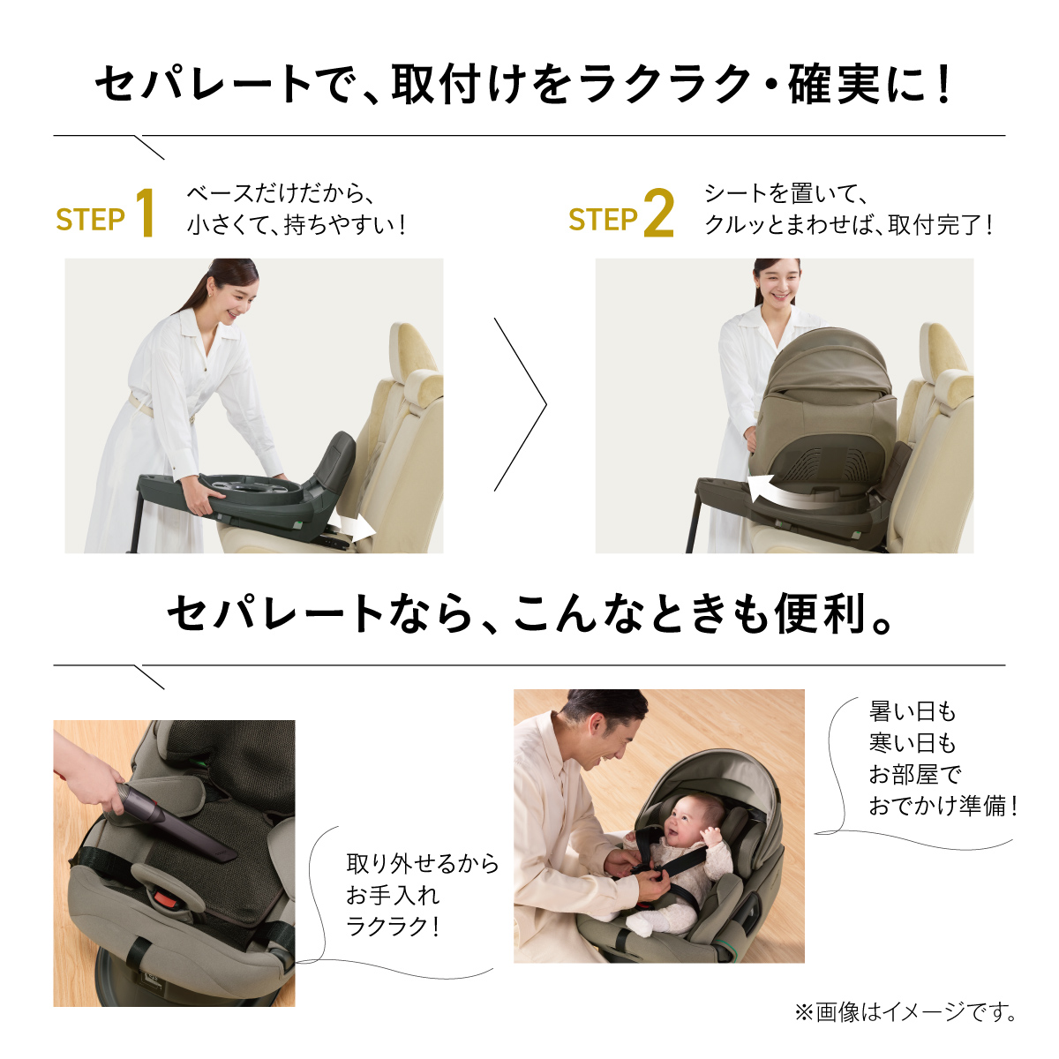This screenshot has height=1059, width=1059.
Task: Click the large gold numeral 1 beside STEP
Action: coord(145,213)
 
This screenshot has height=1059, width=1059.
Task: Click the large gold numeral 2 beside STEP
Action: coord(659,213)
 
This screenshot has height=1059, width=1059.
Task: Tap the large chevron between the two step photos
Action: coord(521,404)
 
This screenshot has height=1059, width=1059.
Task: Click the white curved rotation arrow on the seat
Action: coord(792,491)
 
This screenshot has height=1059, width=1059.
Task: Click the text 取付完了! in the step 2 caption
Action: coord(940,225)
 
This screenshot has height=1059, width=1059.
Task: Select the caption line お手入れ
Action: coord(393,896)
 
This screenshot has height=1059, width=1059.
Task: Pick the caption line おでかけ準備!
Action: coord(943,807)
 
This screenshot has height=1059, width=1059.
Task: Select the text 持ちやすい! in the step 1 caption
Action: coord(344,225)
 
